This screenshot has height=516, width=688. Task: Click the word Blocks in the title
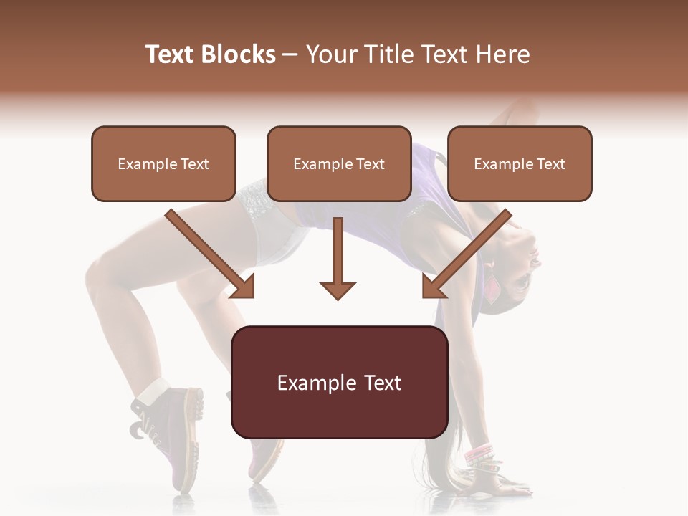[238, 54]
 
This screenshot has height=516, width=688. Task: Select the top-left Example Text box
[163, 164]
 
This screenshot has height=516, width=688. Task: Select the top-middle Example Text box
[339, 164]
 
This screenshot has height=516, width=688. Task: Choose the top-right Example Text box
[520, 164]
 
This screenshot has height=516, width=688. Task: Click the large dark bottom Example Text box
[339, 383]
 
